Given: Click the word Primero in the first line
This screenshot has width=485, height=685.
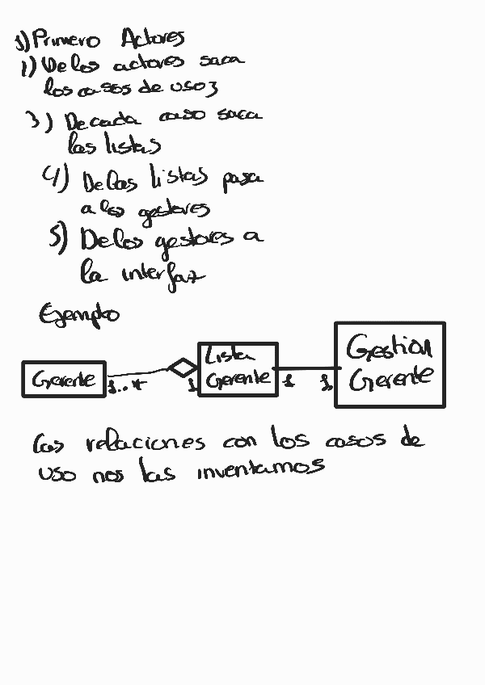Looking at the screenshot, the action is coord(67,40).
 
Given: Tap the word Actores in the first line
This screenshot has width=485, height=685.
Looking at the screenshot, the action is coord(152,38).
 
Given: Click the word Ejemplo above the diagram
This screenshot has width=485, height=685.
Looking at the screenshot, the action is coord(78,313).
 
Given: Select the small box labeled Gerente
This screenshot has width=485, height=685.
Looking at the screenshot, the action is coord(64,379).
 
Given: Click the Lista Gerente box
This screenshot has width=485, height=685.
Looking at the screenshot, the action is coord(238,369).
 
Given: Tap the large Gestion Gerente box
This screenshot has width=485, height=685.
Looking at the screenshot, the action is coord(389,364).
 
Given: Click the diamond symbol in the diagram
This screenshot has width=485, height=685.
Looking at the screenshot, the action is coord(183,368).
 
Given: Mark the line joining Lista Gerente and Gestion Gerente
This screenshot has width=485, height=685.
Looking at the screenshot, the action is coord(306,368).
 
